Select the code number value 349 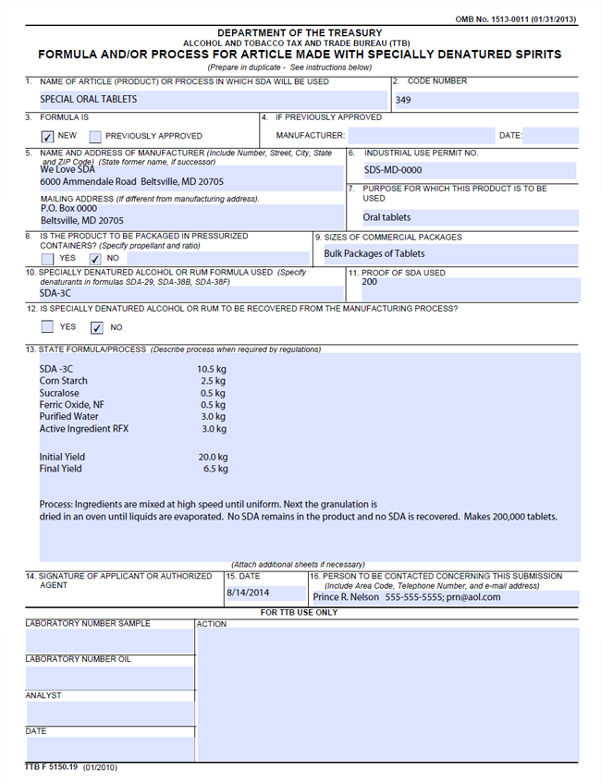pyautogui.click(x=403, y=100)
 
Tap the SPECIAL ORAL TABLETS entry pyautogui.click(x=88, y=99)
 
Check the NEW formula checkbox pyautogui.click(x=48, y=136)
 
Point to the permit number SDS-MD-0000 pyautogui.click(x=392, y=170)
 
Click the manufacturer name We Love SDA pyautogui.click(x=67, y=169)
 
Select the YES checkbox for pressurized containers pyautogui.click(x=48, y=259)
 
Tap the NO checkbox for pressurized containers pyautogui.click(x=96, y=259)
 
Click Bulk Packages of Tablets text pyautogui.click(x=374, y=253)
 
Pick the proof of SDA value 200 pyautogui.click(x=370, y=282)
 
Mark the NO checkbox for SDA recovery pyautogui.click(x=96, y=327)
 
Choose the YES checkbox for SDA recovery pyautogui.click(x=48, y=327)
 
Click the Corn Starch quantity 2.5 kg pyautogui.click(x=213, y=381)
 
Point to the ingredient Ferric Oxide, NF pyautogui.click(x=72, y=405)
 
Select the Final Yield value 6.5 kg pyautogui.click(x=215, y=469)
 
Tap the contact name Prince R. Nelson pyautogui.click(x=346, y=597)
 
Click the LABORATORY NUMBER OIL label pyautogui.click(x=78, y=659)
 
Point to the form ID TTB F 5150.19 pyautogui.click(x=52, y=767)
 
